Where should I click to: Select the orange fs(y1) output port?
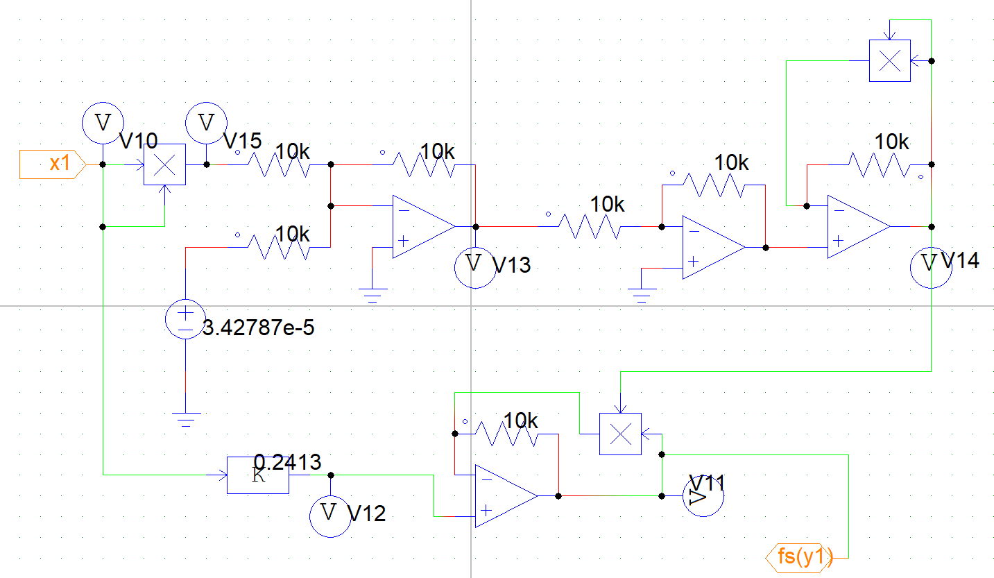click(x=799, y=556)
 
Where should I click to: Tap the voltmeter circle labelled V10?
click(x=103, y=123)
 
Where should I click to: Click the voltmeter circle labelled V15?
click(x=206, y=123)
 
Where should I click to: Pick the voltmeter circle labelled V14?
click(x=930, y=266)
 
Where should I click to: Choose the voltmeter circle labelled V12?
click(x=330, y=515)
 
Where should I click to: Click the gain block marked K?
click(x=257, y=475)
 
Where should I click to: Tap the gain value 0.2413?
click(x=287, y=461)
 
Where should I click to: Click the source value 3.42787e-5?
click(x=258, y=328)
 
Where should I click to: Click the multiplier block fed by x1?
click(x=164, y=164)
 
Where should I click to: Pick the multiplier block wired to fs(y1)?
click(x=620, y=434)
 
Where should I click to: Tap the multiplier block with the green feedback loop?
click(x=889, y=60)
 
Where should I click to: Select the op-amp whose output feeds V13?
click(x=421, y=226)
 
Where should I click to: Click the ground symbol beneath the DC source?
click(x=186, y=419)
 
